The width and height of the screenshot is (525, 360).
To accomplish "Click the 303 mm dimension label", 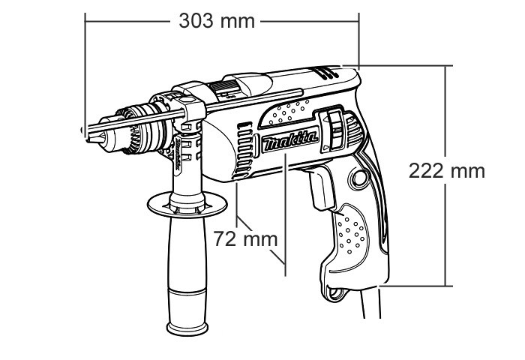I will click(216, 20).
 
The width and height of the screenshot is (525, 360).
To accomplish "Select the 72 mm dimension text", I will click(241, 240).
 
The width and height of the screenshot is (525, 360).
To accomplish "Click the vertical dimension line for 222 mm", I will click(448, 225).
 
